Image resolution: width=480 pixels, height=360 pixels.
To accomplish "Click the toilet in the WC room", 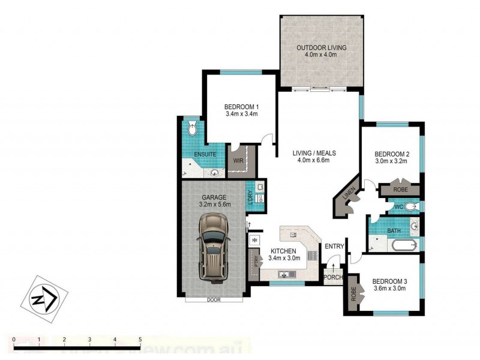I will [411, 206].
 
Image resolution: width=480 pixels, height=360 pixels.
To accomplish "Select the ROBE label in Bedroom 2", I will [401, 190].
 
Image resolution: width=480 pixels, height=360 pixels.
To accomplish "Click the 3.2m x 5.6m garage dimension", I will [213, 204].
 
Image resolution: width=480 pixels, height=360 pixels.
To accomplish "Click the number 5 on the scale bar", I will [140, 340].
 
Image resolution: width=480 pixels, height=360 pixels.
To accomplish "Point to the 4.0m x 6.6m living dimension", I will [314, 160].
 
